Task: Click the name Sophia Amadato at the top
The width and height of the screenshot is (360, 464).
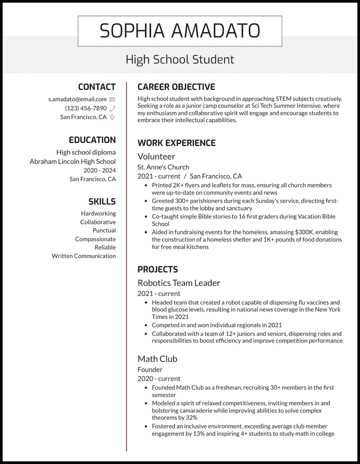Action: (x=180, y=31)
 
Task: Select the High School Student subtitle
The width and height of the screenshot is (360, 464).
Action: (x=180, y=59)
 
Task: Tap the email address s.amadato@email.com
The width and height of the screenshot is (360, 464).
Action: (x=78, y=99)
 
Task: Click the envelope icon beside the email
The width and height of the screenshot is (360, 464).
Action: (x=112, y=99)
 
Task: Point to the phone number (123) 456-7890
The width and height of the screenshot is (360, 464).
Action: (x=86, y=108)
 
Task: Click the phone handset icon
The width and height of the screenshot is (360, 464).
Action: (x=112, y=108)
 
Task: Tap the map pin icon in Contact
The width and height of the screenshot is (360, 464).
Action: (x=112, y=117)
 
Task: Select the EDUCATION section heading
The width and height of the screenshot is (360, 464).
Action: (x=92, y=140)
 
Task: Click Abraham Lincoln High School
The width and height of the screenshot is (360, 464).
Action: (x=73, y=161)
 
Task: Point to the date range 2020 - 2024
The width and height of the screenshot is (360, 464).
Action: (x=99, y=170)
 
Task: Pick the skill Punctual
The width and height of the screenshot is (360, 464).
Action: (x=104, y=230)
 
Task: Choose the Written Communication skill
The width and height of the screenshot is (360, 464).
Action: (x=83, y=256)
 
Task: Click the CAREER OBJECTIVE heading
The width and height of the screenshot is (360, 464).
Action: (x=176, y=87)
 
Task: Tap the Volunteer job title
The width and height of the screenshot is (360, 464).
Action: (x=156, y=156)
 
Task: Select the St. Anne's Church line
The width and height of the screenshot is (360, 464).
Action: (x=163, y=167)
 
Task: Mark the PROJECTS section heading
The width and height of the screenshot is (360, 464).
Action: (x=157, y=269)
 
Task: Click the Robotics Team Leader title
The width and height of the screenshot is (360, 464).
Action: (x=179, y=283)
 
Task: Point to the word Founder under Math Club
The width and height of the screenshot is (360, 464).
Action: (x=150, y=369)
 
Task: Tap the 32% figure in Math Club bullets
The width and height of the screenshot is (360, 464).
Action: (x=188, y=417)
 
